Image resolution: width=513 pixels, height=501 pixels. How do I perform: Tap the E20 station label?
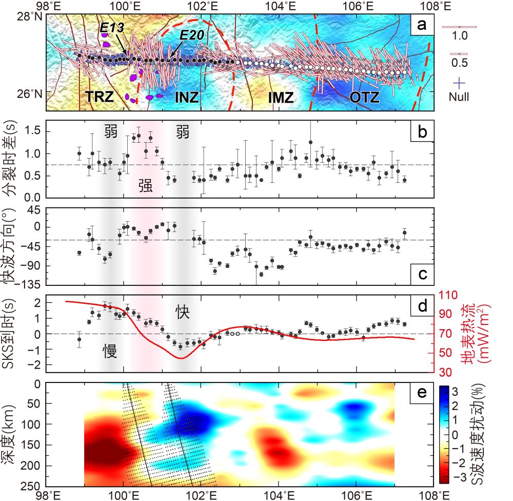tap(192, 35)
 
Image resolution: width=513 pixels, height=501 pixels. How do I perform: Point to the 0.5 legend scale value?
tap(460, 63)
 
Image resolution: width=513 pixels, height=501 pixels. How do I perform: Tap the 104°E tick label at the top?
tap(280, 6)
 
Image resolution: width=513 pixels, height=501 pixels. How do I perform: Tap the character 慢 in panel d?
tap(109, 351)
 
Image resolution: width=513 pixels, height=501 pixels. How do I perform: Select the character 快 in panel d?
tap(183, 311)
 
